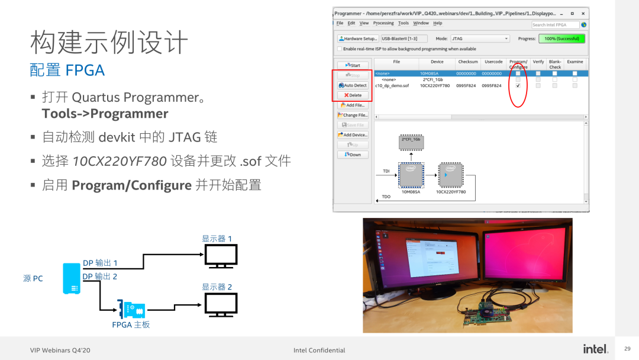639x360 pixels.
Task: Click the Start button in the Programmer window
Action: coord(353,65)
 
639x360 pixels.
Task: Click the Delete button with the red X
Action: coord(353,95)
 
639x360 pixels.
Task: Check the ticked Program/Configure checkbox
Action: coord(518,85)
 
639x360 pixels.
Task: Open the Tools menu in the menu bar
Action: coord(404,23)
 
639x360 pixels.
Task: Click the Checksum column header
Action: coord(468,62)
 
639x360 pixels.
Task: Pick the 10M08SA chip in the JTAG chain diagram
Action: coord(411,176)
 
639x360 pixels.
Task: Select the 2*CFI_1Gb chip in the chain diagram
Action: coord(411,142)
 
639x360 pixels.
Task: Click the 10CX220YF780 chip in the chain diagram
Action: coord(450,176)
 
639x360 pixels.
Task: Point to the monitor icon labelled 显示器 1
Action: coord(221,256)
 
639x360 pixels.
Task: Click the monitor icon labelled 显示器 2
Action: coord(221,304)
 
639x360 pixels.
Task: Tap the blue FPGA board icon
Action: coord(131,310)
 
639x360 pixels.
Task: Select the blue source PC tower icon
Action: coord(72,279)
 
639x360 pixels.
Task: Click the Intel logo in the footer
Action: coord(595,349)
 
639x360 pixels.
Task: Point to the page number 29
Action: coord(628,349)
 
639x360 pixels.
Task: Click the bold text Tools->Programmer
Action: coord(105,114)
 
